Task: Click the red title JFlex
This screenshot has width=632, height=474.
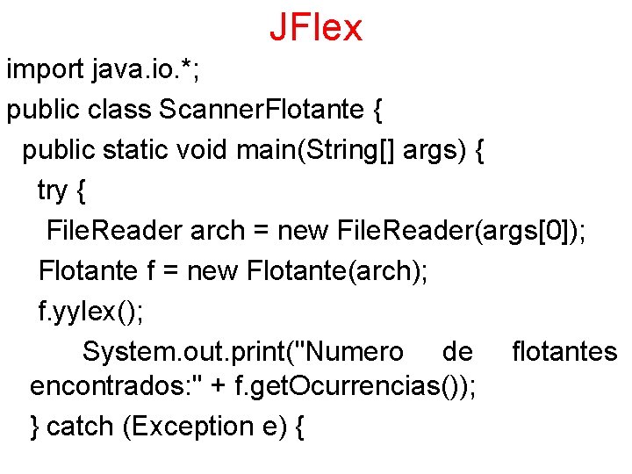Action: click(x=315, y=28)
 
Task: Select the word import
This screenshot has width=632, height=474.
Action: click(x=45, y=69)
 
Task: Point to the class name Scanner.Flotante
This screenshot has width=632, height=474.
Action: click(x=261, y=110)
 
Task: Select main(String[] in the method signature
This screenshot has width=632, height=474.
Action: click(x=316, y=150)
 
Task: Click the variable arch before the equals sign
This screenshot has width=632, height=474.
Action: click(x=217, y=231)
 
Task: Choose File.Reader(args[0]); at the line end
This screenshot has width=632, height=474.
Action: click(x=462, y=231)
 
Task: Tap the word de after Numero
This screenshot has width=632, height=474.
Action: click(x=457, y=352)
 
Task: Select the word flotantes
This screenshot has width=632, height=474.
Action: click(x=564, y=352)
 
